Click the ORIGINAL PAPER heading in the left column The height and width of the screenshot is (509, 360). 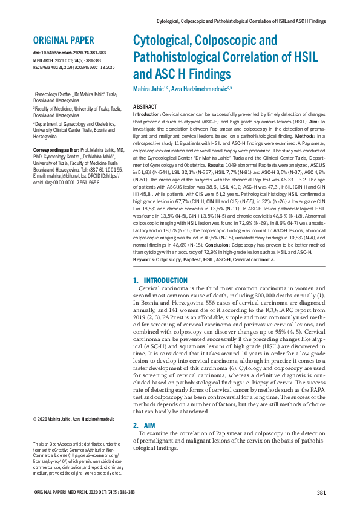(64, 41)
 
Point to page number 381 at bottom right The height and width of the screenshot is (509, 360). (321, 493)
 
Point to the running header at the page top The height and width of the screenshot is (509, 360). (241, 21)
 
